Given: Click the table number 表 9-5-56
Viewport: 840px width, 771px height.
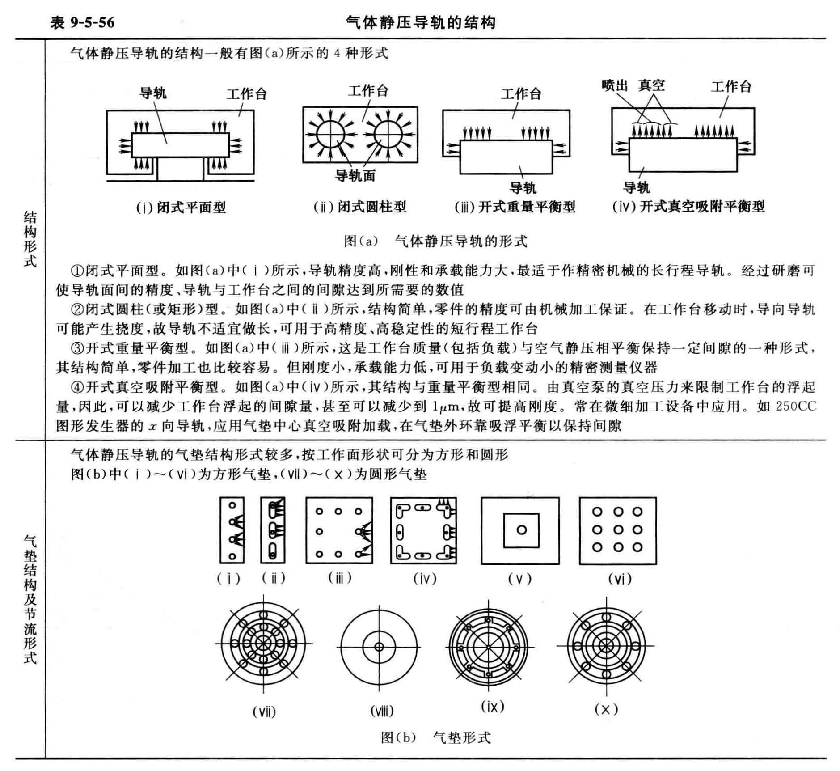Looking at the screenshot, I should (x=83, y=22).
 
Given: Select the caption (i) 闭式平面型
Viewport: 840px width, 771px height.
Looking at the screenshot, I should (x=181, y=208).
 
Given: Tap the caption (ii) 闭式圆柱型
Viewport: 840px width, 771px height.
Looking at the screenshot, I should (x=360, y=207).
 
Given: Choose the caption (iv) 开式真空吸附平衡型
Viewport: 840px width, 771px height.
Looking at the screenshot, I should (x=688, y=207).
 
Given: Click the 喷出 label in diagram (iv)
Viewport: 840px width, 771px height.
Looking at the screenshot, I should (x=615, y=85).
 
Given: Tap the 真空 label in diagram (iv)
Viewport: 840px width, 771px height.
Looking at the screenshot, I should (x=651, y=85).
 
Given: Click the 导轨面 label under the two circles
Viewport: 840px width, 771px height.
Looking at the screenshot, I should (x=355, y=176).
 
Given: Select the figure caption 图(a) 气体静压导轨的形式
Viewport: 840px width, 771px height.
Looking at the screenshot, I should (x=435, y=241).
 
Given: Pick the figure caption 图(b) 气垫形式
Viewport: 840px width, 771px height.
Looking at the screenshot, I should (x=435, y=737).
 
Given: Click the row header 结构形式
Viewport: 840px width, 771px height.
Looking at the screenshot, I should (x=30, y=239).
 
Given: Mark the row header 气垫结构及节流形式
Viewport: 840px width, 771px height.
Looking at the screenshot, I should (x=30, y=599).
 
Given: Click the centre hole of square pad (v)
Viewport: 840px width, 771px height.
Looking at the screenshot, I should (x=521, y=530).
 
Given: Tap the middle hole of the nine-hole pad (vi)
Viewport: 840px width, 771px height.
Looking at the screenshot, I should (x=618, y=530).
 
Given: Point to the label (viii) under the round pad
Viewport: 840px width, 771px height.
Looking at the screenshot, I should (x=382, y=711).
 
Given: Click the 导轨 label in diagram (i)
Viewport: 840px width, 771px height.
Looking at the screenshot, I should (x=153, y=93).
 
